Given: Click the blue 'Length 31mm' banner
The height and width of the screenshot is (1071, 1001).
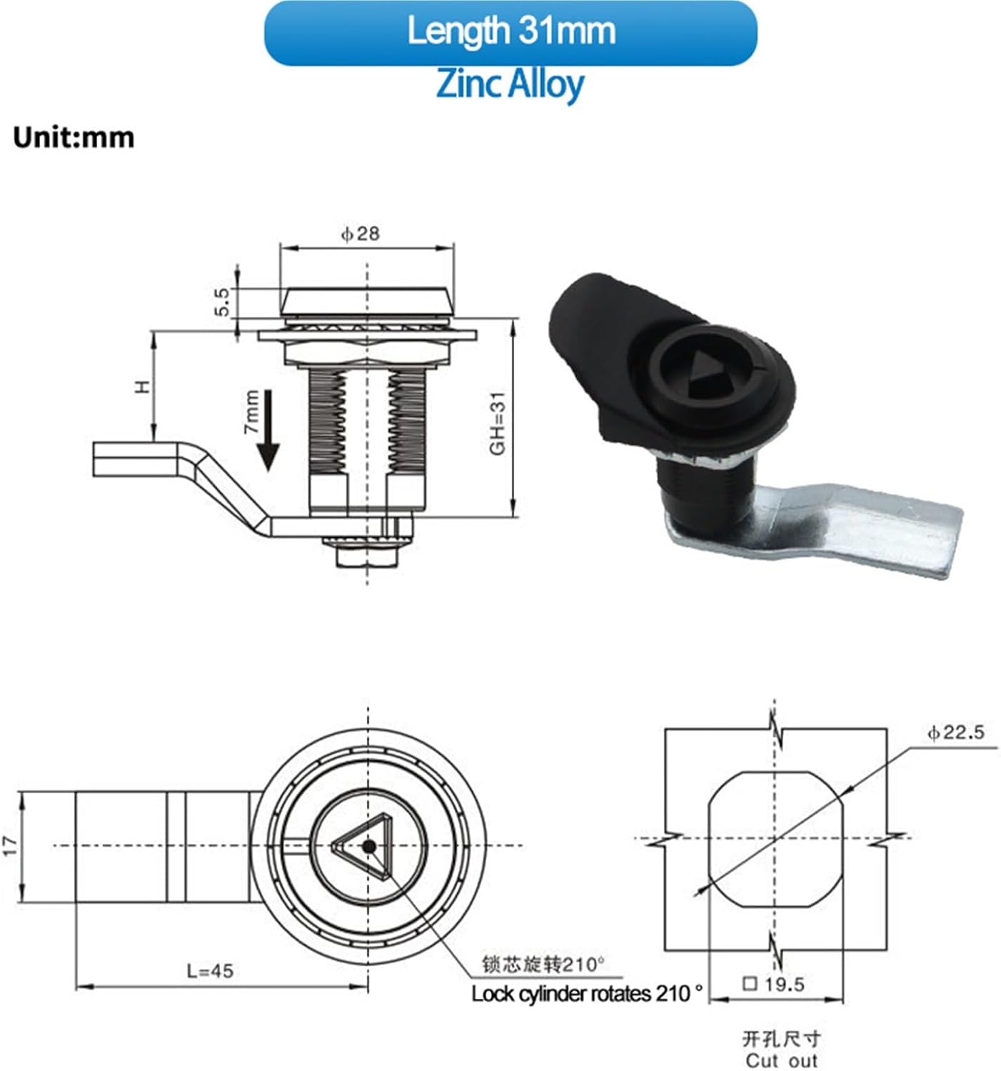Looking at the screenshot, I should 510,33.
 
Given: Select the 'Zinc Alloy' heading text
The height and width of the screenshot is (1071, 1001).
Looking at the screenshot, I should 510,84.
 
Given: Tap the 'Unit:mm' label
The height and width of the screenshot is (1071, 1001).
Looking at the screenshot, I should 74,137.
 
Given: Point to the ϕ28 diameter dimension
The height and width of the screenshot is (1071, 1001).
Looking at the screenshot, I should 361,233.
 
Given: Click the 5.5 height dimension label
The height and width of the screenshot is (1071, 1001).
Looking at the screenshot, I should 221,302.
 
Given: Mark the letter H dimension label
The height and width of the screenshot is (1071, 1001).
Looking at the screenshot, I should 144,386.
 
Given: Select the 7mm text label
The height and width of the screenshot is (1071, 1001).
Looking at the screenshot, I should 251,412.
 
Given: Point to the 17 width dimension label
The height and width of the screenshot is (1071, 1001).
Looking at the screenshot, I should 10,846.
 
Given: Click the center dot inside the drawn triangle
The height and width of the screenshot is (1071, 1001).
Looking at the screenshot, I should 368,846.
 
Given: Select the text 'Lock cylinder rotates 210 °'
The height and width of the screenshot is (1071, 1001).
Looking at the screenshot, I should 587,993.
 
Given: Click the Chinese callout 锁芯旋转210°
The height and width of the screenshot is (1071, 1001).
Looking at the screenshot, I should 543,965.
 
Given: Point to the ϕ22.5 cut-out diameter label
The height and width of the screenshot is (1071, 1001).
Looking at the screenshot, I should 955,732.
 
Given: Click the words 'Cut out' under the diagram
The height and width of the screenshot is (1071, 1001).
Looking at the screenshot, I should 781,1060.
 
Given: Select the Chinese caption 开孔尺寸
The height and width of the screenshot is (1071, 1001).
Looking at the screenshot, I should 781,1038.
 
